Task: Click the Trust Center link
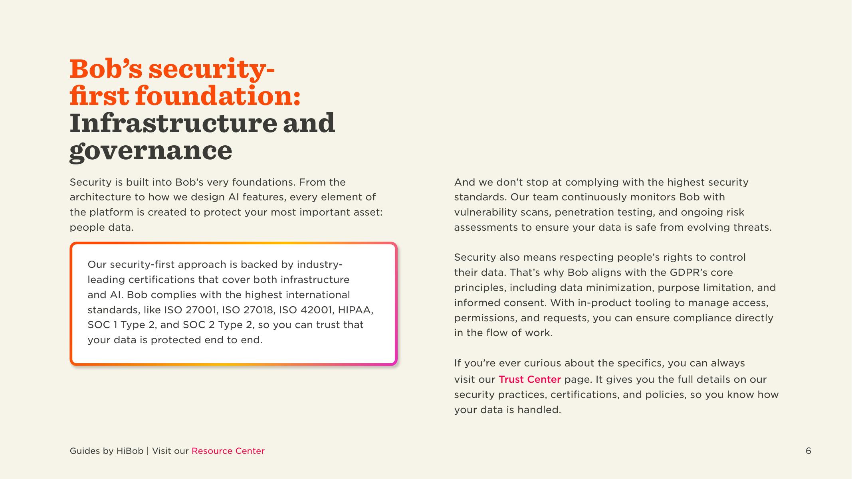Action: coord(529,379)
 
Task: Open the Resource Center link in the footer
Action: coord(228,451)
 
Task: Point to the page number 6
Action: coord(808,451)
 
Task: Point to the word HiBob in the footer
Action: coord(130,451)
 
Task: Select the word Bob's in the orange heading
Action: coord(106,69)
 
